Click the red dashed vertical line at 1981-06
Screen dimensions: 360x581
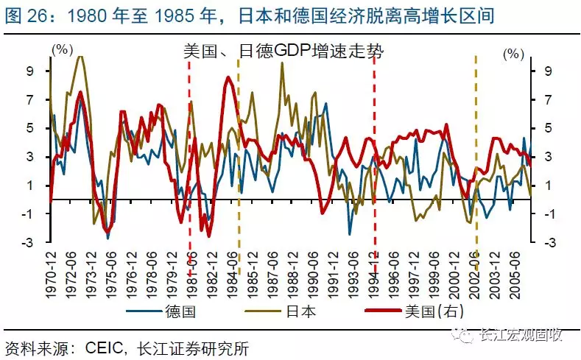pyautogui.click(x=190, y=147)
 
